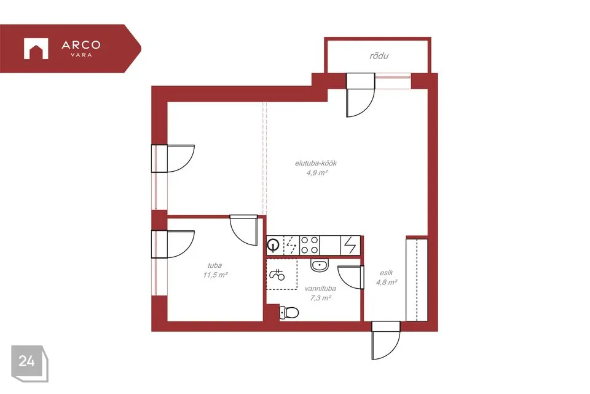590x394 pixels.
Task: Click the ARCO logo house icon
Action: pyautogui.click(x=36, y=49)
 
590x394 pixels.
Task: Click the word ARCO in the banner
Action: pyautogui.click(x=81, y=45)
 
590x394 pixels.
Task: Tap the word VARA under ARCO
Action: pyautogui.click(x=81, y=55)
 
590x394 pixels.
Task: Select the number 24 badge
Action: pyautogui.click(x=26, y=361)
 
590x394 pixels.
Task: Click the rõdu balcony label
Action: pyautogui.click(x=379, y=56)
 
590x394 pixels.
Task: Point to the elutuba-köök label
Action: pyautogui.click(x=316, y=163)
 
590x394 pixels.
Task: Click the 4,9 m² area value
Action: pyautogui.click(x=317, y=172)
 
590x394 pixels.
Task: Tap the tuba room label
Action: pyautogui.click(x=215, y=265)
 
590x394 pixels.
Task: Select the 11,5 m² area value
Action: pyautogui.click(x=215, y=275)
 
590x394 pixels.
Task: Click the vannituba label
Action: pyautogui.click(x=320, y=289)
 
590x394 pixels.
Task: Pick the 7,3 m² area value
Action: pyautogui.click(x=320, y=298)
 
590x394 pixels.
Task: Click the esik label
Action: pyautogui.click(x=387, y=273)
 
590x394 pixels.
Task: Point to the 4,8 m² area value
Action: pyautogui.click(x=387, y=282)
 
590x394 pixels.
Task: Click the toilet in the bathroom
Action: pyautogui.click(x=289, y=313)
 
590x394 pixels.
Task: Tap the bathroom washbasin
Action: pyautogui.click(x=320, y=265)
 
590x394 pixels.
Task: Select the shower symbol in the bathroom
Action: pyautogui.click(x=277, y=274)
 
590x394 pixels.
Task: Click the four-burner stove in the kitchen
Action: pyautogui.click(x=310, y=245)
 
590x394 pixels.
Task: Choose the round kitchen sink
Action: pyautogui.click(x=272, y=246)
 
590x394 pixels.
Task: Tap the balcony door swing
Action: pyautogui.click(x=361, y=95)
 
